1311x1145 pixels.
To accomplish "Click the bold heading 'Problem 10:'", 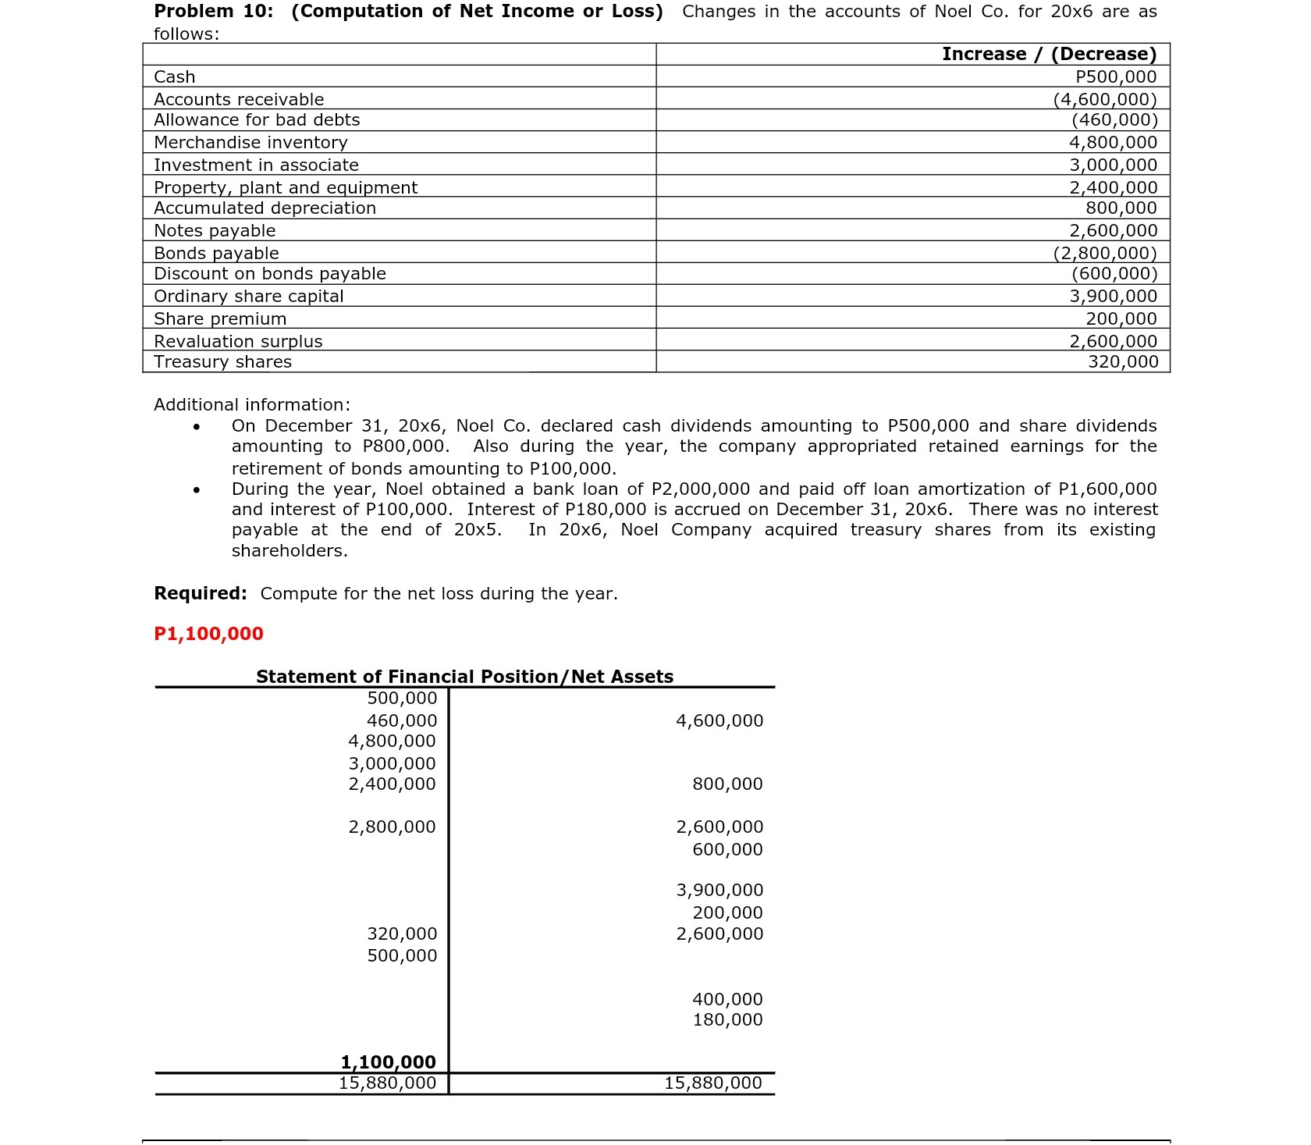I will point(213,12).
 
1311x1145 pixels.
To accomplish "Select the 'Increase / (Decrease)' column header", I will point(1049,54).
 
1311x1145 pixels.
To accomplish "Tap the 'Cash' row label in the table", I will point(175,76).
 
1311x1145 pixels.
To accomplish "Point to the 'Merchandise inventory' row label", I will point(250,142).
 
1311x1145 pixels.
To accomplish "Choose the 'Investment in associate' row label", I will point(256,165).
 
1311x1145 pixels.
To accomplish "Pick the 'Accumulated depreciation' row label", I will point(265,208).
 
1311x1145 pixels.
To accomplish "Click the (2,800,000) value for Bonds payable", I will point(1105,253).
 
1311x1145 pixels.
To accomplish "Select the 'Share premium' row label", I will point(220,318).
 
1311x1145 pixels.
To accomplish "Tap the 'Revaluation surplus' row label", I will point(238,341).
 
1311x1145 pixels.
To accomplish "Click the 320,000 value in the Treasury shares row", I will point(1123,361).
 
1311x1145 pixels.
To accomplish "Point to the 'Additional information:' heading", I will point(252,404).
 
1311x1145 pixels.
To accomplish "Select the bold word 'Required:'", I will point(201,593).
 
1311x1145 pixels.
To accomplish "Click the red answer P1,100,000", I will point(208,633).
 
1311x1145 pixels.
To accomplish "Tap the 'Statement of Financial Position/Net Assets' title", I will point(464,676).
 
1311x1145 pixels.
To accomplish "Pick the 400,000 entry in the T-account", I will point(727,999).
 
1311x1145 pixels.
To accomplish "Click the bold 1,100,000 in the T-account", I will point(388,1061).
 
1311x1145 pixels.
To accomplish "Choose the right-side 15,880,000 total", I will point(712,1083).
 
